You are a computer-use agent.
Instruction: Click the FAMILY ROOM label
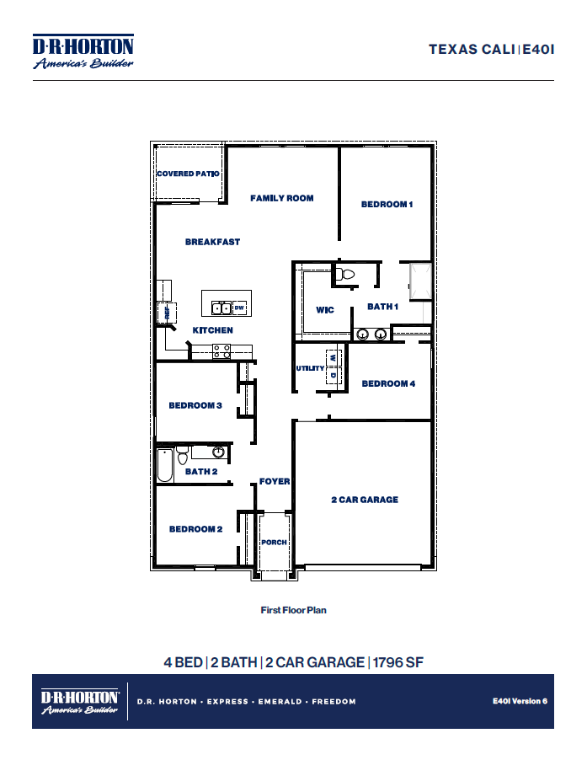tap(281, 198)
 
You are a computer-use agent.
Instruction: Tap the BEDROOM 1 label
tap(387, 204)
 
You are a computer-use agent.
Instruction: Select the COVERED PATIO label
tap(188, 174)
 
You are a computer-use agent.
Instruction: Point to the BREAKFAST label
tap(212, 242)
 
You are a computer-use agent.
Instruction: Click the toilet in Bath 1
tap(345, 273)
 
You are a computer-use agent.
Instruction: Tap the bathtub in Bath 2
tap(165, 465)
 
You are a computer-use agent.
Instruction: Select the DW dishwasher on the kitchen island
tap(238, 307)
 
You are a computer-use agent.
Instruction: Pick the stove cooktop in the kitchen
tap(222, 351)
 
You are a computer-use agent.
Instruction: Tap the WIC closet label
tap(325, 310)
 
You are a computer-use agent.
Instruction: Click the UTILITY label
tap(310, 368)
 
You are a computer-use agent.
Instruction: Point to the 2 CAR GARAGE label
tap(364, 500)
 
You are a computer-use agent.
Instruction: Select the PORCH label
tap(274, 542)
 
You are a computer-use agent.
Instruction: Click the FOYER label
tap(275, 482)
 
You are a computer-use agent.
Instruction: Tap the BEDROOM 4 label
tap(388, 383)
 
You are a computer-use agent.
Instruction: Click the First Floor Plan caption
tap(293, 610)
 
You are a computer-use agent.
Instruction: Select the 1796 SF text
tap(398, 662)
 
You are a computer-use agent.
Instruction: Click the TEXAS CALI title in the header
tap(472, 49)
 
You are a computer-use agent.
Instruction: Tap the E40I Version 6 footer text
tap(520, 701)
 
